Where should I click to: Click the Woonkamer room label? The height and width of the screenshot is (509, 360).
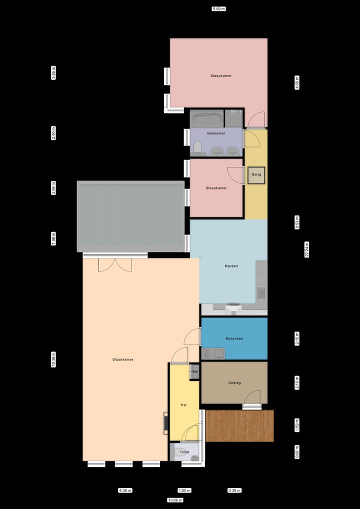122,359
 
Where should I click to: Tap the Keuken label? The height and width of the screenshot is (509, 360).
231,266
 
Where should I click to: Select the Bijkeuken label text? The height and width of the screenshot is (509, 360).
234,338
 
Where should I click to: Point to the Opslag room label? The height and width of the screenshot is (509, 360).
234,382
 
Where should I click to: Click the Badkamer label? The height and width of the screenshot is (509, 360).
216,133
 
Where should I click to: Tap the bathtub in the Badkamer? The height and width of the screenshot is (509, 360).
206,119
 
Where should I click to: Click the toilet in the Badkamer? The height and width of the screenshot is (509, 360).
197,147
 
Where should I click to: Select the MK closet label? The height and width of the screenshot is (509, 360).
195,372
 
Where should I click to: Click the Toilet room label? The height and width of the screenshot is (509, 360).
184,452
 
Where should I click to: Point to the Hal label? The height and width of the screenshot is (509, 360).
183,405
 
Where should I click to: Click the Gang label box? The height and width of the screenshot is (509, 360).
256,175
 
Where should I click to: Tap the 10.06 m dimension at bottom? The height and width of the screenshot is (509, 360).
175,500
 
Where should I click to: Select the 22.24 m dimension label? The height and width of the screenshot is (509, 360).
307,248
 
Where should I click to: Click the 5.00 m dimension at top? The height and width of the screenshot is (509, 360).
218,9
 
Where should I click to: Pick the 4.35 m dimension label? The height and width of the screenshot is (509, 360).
125,490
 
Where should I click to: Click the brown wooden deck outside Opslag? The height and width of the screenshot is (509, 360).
239,426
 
